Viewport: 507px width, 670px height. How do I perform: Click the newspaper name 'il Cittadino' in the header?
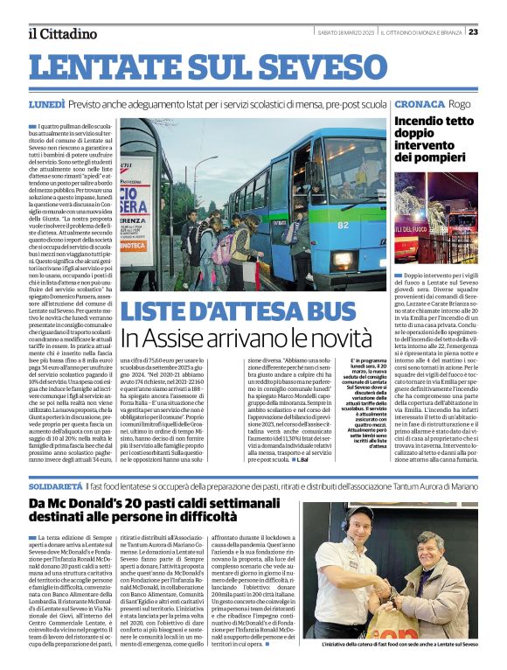click(62, 33)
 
